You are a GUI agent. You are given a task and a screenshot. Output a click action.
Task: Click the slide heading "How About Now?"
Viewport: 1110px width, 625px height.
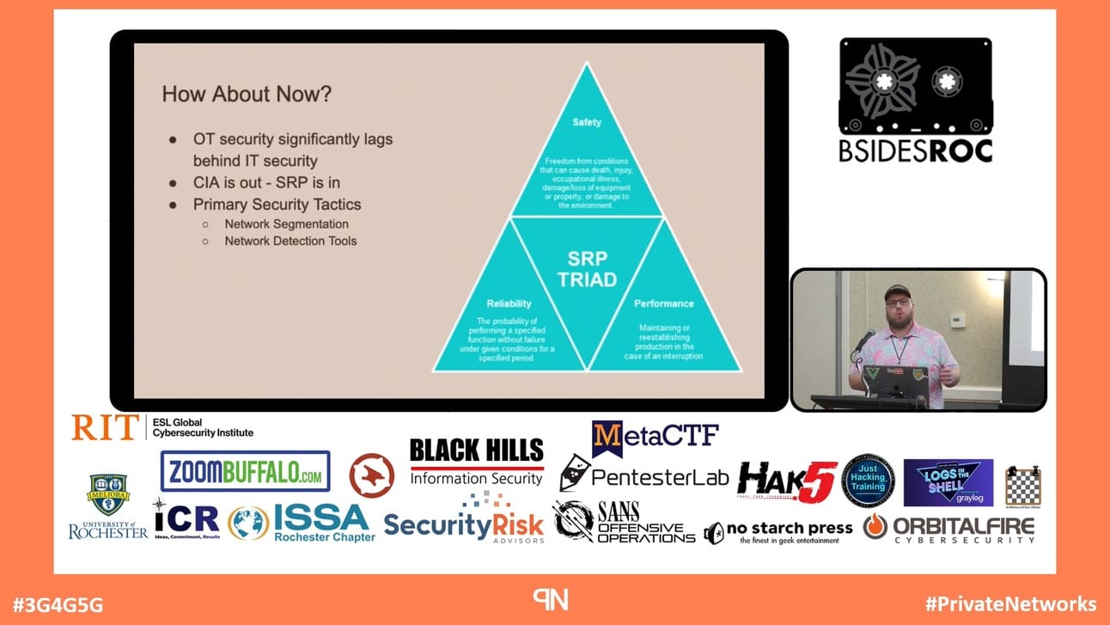pyautogui.click(x=247, y=94)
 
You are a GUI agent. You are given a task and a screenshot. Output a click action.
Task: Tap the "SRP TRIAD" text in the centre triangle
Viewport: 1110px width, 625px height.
pyautogui.click(x=587, y=268)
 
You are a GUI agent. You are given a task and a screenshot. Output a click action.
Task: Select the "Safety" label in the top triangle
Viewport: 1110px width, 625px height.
pyautogui.click(x=587, y=122)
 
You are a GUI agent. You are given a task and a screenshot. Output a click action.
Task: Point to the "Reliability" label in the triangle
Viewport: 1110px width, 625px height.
pyautogui.click(x=509, y=303)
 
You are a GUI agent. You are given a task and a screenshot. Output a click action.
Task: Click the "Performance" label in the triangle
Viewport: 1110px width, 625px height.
pyautogui.click(x=664, y=303)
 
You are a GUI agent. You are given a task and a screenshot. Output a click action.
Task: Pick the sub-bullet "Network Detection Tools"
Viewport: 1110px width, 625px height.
pyautogui.click(x=290, y=241)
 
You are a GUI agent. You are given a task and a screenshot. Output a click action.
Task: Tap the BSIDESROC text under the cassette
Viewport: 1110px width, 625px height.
pyautogui.click(x=916, y=151)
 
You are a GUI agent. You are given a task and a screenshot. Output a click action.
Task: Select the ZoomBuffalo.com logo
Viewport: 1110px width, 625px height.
pyautogui.click(x=245, y=471)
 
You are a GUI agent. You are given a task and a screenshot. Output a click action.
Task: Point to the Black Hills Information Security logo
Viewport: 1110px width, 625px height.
pyautogui.click(x=477, y=462)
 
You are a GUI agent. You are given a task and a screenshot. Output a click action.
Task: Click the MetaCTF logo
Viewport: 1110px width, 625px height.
pyautogui.click(x=656, y=437)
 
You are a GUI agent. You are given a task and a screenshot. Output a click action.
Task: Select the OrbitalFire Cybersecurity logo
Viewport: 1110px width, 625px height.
pyautogui.click(x=949, y=528)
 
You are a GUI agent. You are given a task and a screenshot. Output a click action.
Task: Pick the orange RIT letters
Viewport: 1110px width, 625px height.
pyautogui.click(x=104, y=427)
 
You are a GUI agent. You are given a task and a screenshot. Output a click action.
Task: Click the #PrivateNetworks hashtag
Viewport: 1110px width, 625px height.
pyautogui.click(x=1010, y=604)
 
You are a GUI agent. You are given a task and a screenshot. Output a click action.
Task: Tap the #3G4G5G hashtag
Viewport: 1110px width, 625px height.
pyautogui.click(x=58, y=604)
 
